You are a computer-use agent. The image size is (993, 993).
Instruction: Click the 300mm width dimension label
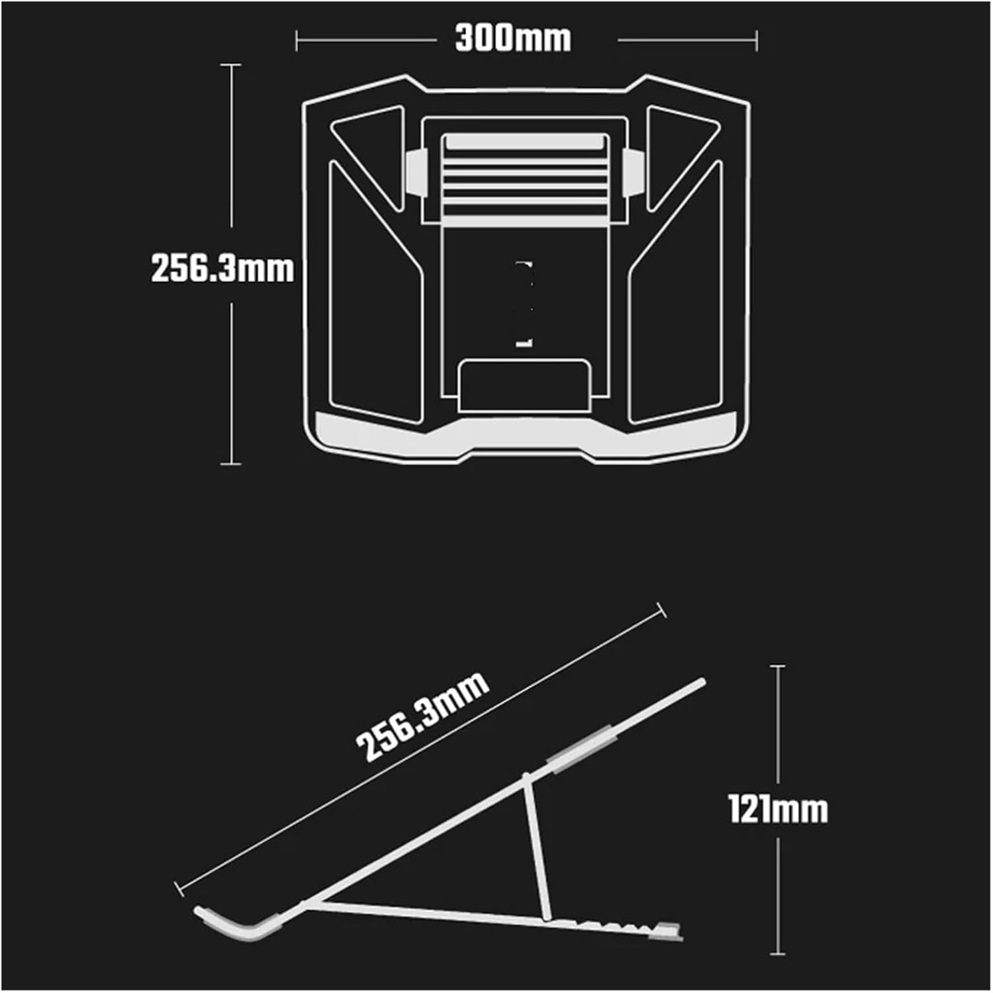tap(513, 39)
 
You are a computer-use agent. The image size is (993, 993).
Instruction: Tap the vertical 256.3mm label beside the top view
tap(222, 268)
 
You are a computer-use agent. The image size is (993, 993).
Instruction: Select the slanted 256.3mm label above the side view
tap(422, 718)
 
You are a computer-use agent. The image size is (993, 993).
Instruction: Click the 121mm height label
tap(778, 809)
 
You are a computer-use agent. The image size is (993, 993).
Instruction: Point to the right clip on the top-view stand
tap(632, 172)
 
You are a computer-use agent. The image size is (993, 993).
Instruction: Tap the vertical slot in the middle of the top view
tap(524, 303)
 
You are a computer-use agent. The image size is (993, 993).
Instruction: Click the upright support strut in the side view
tap(536, 847)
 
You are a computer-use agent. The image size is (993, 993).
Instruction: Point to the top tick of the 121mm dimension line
tap(778, 665)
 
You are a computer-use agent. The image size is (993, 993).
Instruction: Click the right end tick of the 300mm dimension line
tap(757, 40)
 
